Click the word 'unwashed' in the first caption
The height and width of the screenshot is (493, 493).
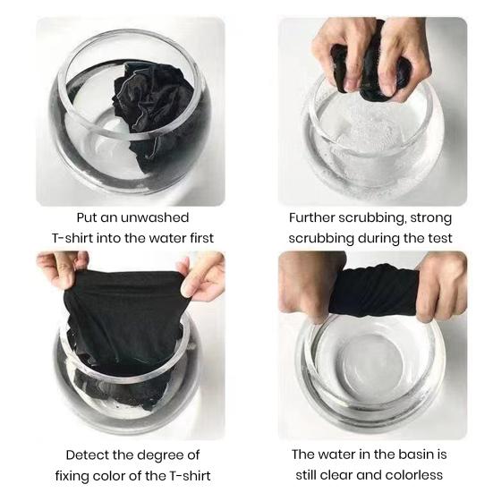tap(154, 217)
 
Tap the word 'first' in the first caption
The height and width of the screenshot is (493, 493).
tap(202, 238)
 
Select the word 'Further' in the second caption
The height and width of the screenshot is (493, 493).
tap(311, 217)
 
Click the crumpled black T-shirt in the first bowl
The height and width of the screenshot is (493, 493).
tap(152, 110)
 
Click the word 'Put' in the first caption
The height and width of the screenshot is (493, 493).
tap(87, 217)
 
